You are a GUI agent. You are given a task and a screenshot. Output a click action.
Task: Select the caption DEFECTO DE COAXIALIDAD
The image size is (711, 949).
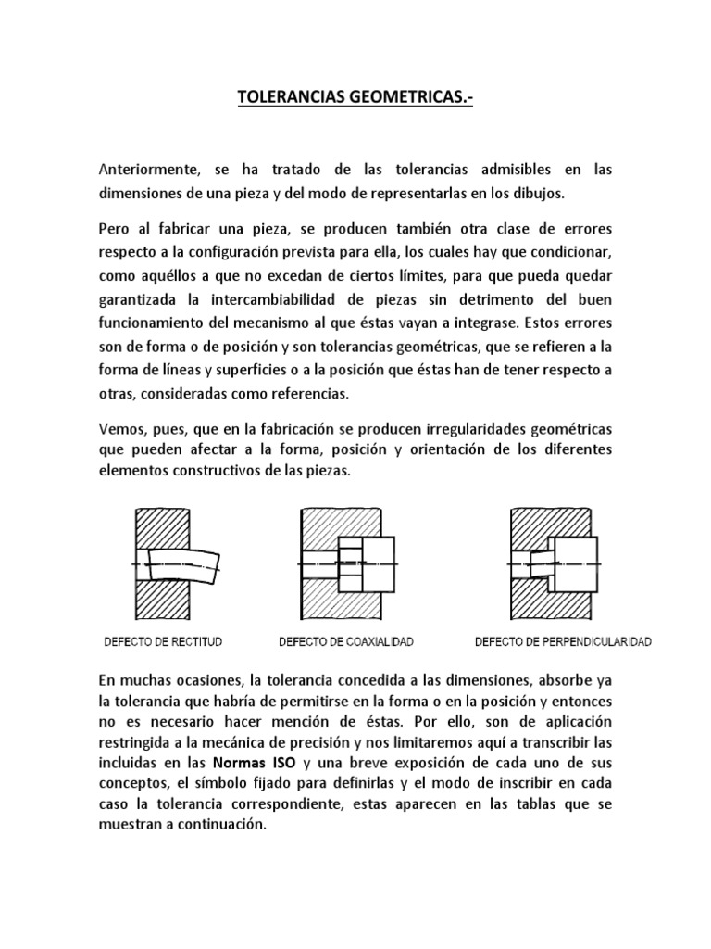point(346,641)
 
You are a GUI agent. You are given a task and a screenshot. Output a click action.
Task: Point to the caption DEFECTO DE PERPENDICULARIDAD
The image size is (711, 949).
point(563,641)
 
